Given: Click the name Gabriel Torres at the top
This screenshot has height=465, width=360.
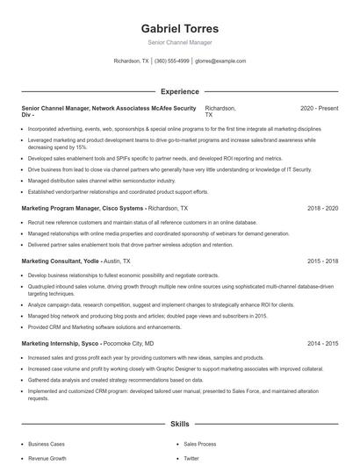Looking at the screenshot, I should point(180,28).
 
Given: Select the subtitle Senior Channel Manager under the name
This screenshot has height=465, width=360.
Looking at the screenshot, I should point(180,42).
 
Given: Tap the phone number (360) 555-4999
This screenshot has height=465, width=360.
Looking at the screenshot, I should point(171,61).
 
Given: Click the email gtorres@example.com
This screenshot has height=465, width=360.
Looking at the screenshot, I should point(220,61).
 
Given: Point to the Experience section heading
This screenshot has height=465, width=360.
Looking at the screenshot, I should point(180,91).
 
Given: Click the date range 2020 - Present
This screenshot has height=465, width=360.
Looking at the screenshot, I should point(319,108).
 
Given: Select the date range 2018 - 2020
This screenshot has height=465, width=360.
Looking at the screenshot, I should point(322,209).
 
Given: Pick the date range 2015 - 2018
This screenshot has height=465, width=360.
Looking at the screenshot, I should point(322,261).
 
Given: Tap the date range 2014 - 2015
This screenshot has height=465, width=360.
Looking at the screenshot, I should point(322,344).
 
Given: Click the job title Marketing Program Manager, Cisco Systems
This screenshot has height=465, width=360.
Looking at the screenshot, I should point(83,209).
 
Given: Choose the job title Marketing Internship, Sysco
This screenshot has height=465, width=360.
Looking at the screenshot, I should point(61,344).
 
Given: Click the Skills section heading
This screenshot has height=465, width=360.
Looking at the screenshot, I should point(180,424).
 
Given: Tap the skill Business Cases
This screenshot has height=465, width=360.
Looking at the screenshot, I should point(47,445).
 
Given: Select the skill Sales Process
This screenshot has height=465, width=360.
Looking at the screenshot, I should point(199,445).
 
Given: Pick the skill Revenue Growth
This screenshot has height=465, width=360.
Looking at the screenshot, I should point(47,458).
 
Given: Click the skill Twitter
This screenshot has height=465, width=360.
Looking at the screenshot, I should point(191,458).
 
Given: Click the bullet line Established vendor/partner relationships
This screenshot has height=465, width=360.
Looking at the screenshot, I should point(118,191).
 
